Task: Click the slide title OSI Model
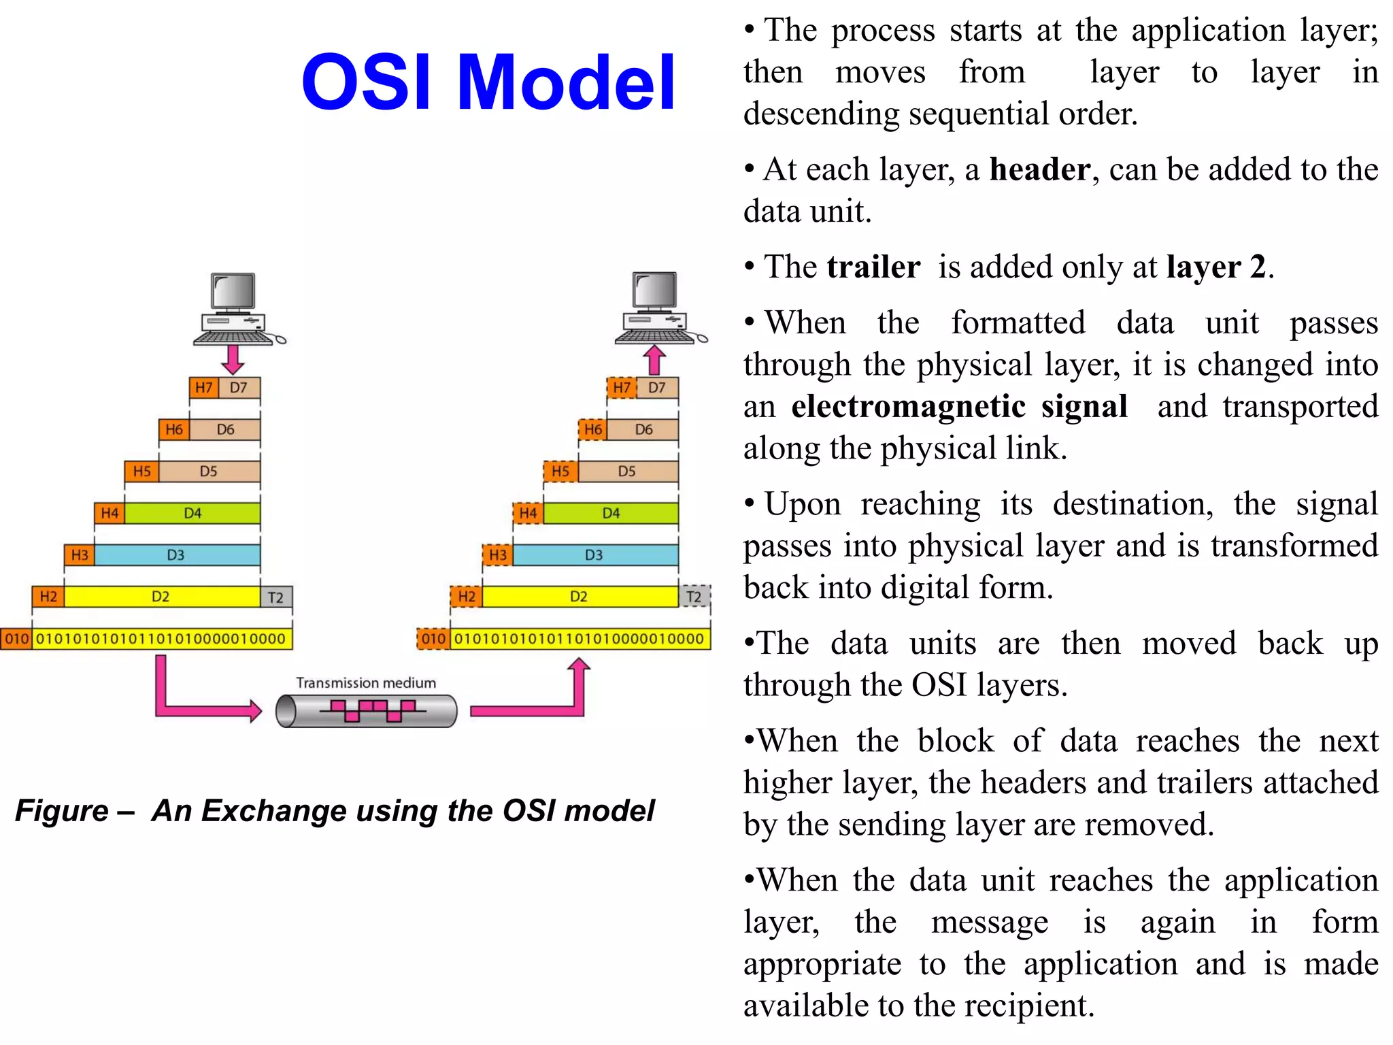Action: pos(488,82)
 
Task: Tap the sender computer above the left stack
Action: pos(235,310)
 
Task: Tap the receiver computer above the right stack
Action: pos(657,308)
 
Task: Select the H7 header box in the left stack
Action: pos(204,388)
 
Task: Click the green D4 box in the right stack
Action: pos(611,513)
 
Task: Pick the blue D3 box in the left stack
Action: pos(176,554)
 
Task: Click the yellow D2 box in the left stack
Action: pos(161,597)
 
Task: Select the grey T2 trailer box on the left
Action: pos(276,597)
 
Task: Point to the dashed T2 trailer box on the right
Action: pos(694,597)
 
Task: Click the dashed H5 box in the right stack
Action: pos(560,471)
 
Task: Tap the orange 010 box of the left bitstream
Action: pos(17,639)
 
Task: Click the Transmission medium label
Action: pos(366,682)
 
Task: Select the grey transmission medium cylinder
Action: pos(366,711)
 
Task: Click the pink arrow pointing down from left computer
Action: pos(233,359)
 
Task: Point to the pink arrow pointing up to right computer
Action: pos(654,360)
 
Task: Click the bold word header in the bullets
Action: pos(1039,169)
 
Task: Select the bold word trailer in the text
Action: pos(873,267)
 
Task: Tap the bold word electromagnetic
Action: pos(908,406)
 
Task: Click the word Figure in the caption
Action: pos(62,810)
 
